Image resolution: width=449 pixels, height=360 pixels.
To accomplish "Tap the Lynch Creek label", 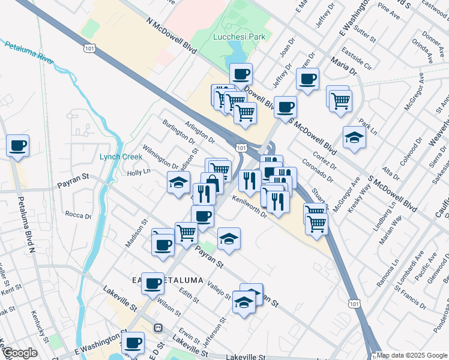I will click(121, 157).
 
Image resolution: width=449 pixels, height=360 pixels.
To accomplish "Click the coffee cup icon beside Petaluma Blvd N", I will click(18, 145).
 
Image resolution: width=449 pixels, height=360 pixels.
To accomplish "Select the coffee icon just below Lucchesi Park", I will click(241, 74).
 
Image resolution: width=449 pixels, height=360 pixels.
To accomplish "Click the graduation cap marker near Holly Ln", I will click(178, 182).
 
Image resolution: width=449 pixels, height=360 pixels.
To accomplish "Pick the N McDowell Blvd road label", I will click(172, 35).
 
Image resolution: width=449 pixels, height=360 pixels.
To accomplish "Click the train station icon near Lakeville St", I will click(158, 328).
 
